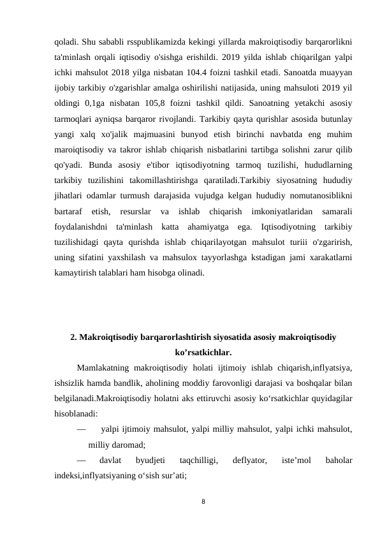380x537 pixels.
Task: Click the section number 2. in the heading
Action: tap(74, 337)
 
